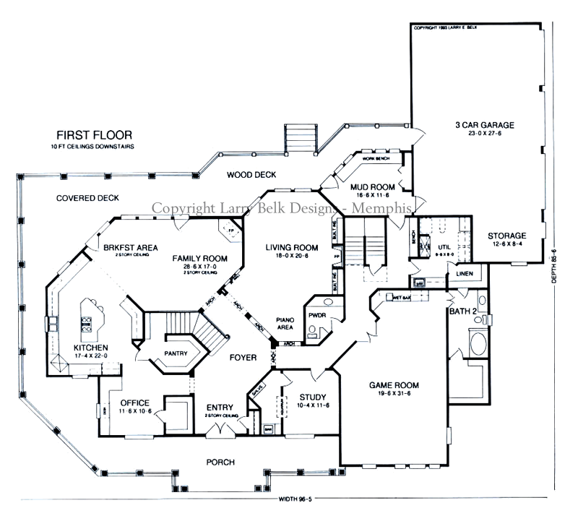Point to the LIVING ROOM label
(286, 246)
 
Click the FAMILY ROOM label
(200, 258)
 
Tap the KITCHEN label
(90, 348)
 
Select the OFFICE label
(135, 403)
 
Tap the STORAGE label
(506, 236)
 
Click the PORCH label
(220, 462)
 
